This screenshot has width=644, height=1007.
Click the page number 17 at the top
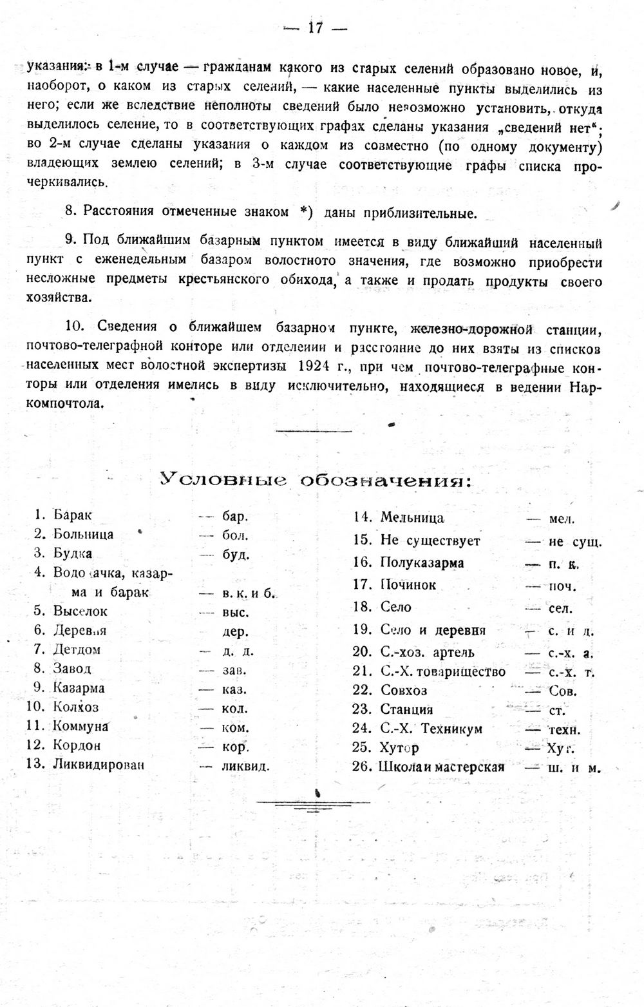pos(315,28)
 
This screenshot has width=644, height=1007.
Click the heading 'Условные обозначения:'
pos(316,479)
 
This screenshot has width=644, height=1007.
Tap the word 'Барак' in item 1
pos(73,515)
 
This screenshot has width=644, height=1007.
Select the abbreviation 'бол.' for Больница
pos(235,535)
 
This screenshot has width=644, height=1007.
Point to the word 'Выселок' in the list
pos(80,611)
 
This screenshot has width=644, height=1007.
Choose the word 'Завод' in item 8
pos(72,669)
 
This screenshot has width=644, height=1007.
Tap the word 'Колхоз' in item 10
pos(76,707)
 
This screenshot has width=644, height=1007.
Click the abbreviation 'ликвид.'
pos(245,767)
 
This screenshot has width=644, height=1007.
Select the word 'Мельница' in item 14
pos(412,517)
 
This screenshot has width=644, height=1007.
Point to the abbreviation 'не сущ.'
pos(574,542)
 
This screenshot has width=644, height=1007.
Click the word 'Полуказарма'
pos(422,562)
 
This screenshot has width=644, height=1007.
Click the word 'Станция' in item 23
pos(406,710)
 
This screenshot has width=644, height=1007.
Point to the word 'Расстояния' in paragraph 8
pos(118,211)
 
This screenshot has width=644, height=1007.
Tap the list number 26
pos(363,767)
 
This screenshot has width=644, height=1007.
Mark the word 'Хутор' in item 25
pos(399,748)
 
